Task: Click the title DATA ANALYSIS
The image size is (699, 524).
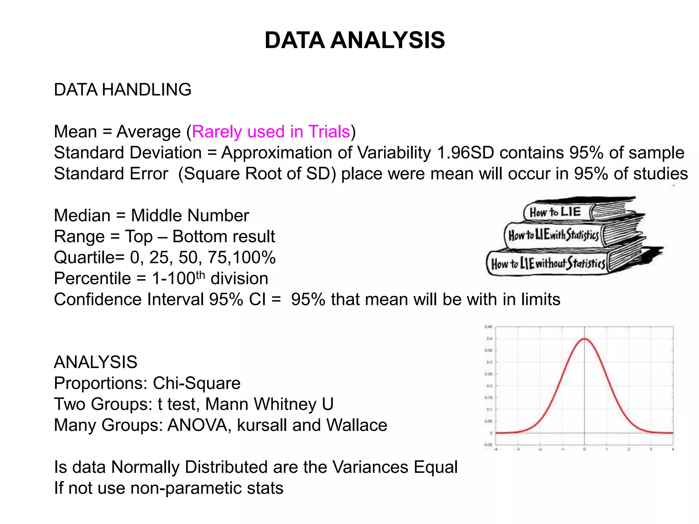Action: pos(355,40)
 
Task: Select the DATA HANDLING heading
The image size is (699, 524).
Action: pos(123,90)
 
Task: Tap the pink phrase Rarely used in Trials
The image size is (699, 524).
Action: pos(271,132)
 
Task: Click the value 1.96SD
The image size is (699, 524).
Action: pos(465,152)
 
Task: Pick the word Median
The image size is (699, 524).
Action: pos(82,216)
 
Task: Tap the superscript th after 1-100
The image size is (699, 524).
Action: pos(200,275)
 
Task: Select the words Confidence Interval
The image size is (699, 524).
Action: pos(129,300)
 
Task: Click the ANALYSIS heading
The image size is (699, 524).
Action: pos(96,362)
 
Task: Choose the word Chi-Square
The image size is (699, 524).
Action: pos(197,383)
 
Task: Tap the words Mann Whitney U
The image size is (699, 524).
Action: pos(269,404)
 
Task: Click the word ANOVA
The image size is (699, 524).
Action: pos(197,425)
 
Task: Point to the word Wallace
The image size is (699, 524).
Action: pos(357,425)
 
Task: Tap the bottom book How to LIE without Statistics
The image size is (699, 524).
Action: pos(547,264)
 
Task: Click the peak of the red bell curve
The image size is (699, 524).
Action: pos(584,339)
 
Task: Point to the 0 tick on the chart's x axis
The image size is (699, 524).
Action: pos(584,449)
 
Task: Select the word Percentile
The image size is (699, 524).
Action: pos(92,279)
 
